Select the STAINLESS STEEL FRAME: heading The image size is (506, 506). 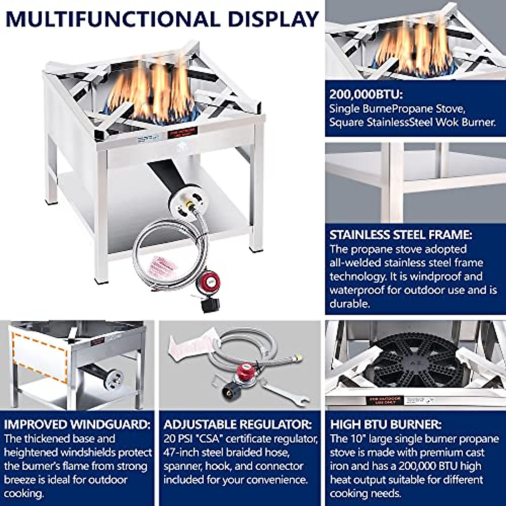pos(401,235)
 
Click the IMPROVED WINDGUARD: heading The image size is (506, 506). pos(77,424)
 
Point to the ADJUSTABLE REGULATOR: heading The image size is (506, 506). pos(238,424)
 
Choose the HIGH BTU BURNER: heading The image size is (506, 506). pos(385,424)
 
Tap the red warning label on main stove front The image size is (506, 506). pos(183,134)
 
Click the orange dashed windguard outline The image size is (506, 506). pos(40,356)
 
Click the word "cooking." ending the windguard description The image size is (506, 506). pos(24,493)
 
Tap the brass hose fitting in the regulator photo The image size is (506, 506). pos(299,357)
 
